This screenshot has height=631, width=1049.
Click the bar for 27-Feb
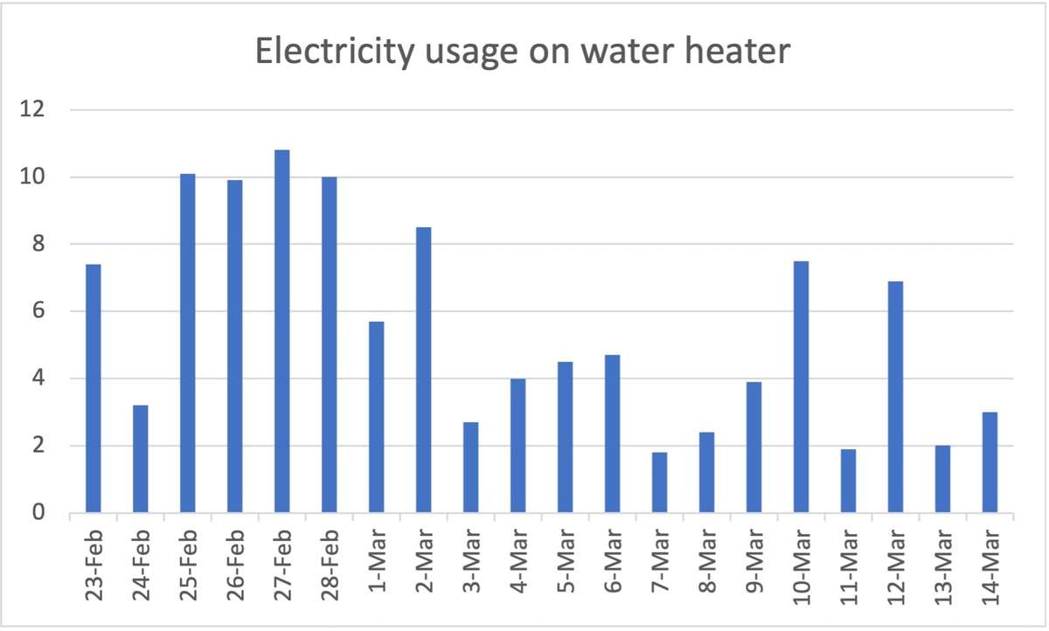(281, 332)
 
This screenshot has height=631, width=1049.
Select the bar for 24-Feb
(140, 459)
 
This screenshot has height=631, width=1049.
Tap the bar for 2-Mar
(423, 370)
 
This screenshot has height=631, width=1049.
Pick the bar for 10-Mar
(801, 387)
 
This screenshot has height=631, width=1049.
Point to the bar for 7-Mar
(659, 482)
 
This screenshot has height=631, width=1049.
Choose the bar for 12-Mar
(895, 397)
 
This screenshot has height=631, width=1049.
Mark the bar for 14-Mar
(990, 462)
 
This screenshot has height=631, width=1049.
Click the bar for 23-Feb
(93, 389)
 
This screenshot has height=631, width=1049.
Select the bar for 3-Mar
(470, 468)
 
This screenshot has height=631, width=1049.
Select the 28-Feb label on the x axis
(330, 559)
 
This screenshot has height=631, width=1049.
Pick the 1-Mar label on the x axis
(377, 559)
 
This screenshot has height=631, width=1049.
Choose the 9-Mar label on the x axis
(754, 559)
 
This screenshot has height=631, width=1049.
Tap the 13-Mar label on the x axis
(943, 559)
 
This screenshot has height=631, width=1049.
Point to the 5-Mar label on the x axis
(566, 559)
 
